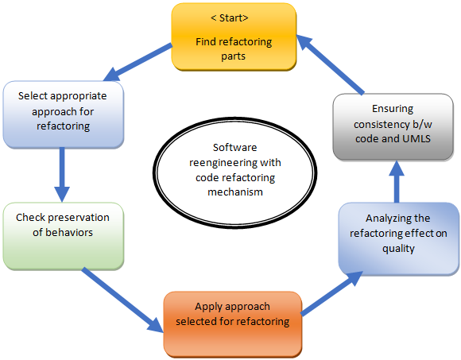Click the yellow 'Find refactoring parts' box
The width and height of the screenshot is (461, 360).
pyautogui.click(x=234, y=37)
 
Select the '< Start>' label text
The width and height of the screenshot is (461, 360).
pyautogui.click(x=230, y=18)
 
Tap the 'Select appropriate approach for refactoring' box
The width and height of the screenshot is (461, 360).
pyautogui.click(x=64, y=114)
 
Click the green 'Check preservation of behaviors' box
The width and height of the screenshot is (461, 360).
pyautogui.click(x=64, y=236)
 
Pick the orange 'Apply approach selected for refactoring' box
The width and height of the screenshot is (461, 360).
pyautogui.click(x=233, y=324)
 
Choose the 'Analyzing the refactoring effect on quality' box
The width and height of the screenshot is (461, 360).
pyautogui.click(x=399, y=239)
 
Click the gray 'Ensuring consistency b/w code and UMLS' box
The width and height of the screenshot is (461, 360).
pyautogui.click(x=393, y=127)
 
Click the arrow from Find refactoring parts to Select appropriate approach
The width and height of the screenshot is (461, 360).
pyautogui.click(x=138, y=62)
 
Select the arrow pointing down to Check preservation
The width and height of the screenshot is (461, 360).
pyautogui.click(x=62, y=175)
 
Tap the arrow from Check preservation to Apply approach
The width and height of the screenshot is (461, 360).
pyautogui.click(x=122, y=300)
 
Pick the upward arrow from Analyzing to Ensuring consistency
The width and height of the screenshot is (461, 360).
pyautogui.click(x=397, y=182)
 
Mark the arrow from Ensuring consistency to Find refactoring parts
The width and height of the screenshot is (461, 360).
pyautogui.click(x=330, y=64)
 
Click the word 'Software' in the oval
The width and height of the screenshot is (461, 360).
pyautogui.click(x=235, y=147)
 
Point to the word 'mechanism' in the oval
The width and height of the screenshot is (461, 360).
pyautogui.click(x=235, y=192)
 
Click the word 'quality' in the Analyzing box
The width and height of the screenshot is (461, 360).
pyautogui.click(x=398, y=249)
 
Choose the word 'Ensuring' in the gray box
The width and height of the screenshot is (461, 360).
pyautogui.click(x=393, y=109)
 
